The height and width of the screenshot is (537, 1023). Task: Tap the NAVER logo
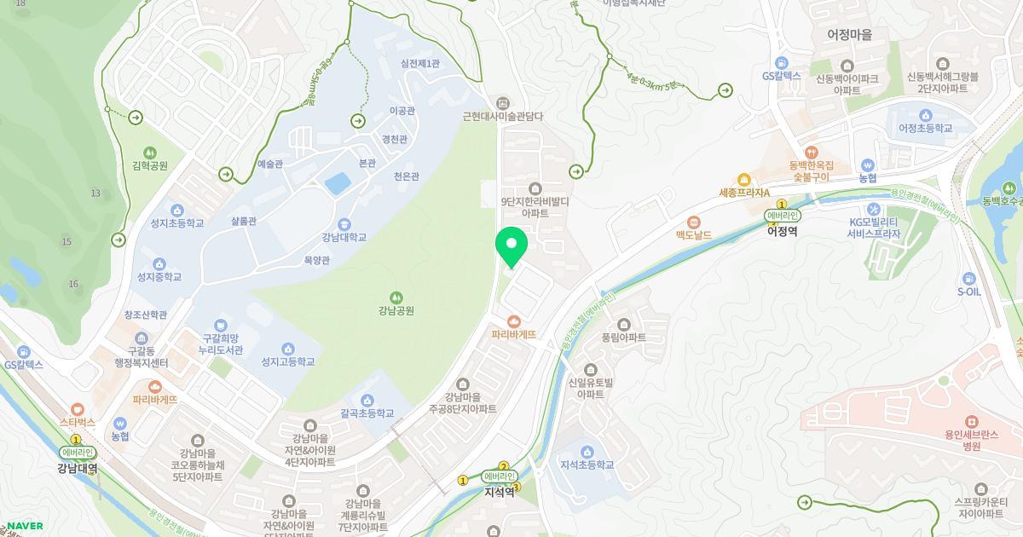(25, 526)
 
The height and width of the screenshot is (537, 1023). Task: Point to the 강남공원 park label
(396, 310)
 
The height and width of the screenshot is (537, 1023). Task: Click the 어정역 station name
(782, 231)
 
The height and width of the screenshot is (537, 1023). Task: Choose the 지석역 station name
(499, 492)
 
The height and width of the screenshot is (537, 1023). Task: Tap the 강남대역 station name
(78, 468)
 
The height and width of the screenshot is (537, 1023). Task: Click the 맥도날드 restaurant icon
(694, 222)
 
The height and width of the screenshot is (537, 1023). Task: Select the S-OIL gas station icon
(968, 278)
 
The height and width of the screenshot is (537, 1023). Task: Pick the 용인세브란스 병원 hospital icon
(971, 421)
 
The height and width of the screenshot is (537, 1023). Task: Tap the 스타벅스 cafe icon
(78, 409)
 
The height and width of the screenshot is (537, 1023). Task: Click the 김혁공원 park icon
(150, 152)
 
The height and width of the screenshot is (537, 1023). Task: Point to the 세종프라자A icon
(743, 180)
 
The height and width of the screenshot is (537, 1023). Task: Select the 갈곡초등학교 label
(367, 413)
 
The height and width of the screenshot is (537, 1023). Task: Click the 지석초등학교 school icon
(587, 452)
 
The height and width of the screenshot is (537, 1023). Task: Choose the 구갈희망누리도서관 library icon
(221, 325)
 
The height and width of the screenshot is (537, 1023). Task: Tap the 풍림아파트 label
(624, 338)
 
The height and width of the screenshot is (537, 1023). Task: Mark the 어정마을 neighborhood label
(849, 35)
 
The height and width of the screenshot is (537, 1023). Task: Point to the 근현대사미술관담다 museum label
(502, 117)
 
